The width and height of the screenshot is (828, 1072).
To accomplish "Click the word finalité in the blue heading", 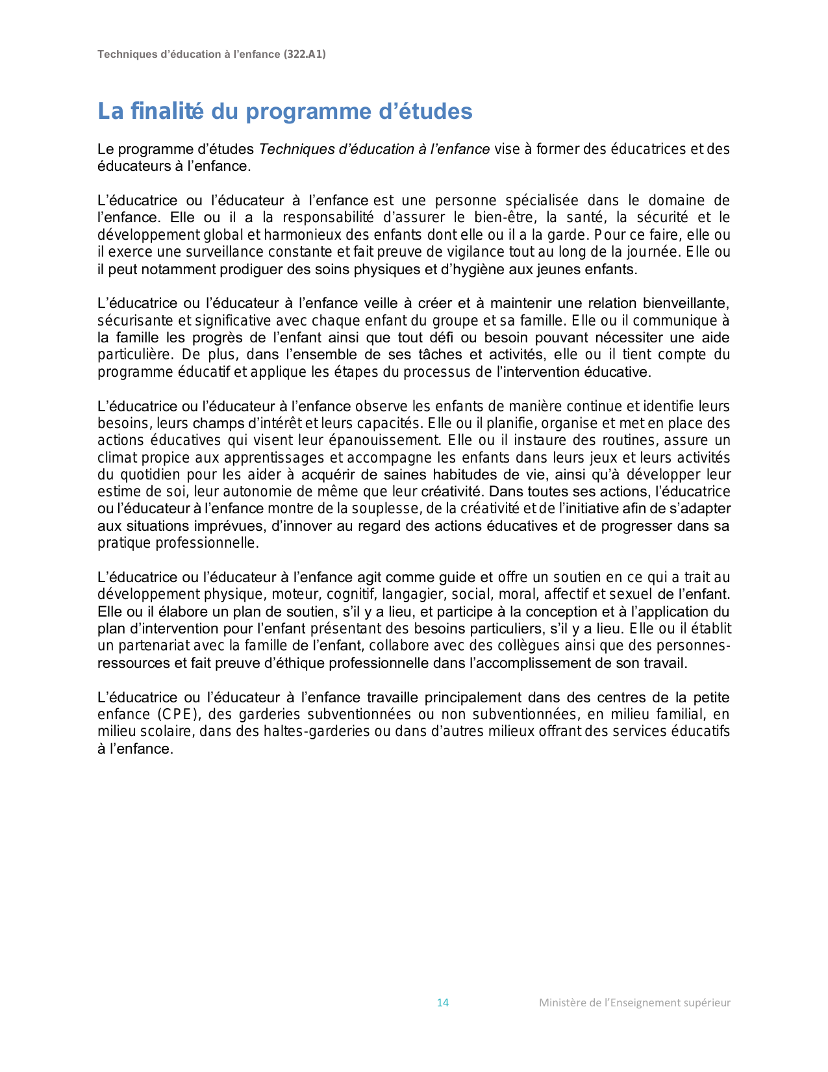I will pos(167,111).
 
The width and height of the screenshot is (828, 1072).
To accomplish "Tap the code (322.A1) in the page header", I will pos(305,55).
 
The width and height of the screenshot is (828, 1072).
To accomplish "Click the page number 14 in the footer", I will pos(443,1002).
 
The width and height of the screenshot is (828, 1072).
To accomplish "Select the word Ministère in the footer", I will pos(560,1002).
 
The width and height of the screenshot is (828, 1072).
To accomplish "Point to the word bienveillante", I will pos(686,303).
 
